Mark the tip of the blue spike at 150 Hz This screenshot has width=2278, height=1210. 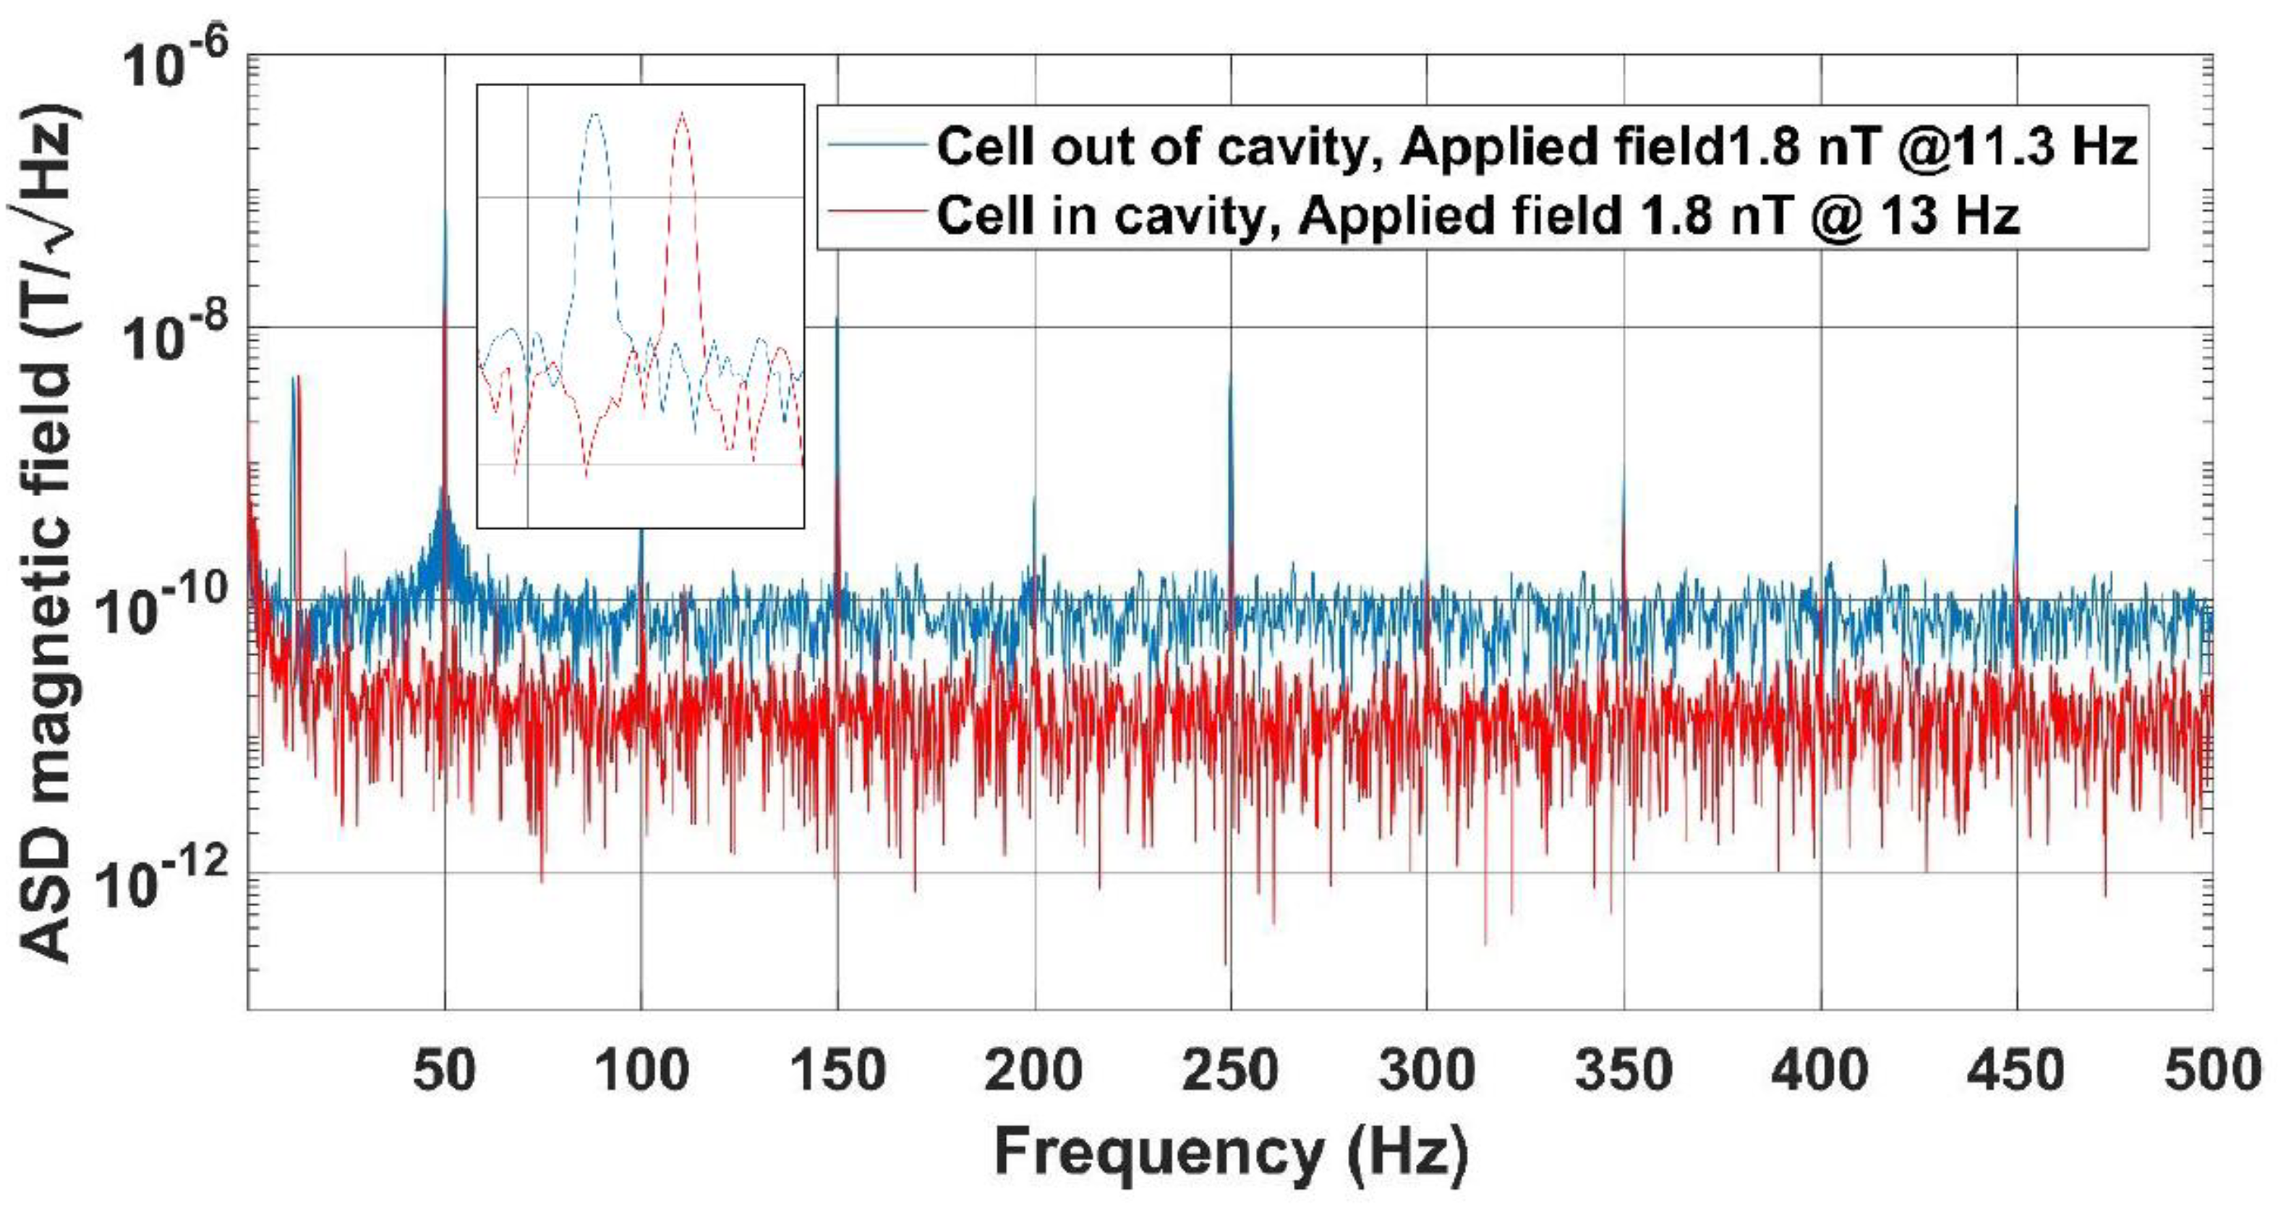click(837, 316)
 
